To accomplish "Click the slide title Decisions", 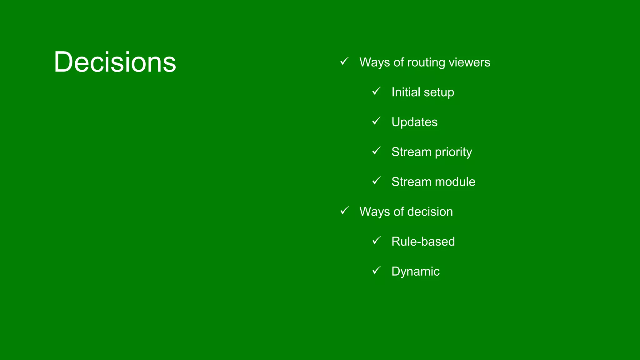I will point(115,62).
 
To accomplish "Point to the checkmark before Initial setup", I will point(376,91).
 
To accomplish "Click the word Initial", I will point(406,92).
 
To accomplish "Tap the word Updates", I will point(414,122).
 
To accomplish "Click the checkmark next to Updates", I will point(376,121).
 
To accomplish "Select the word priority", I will point(453,152).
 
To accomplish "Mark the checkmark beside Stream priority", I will point(376,151).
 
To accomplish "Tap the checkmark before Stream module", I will point(376,180).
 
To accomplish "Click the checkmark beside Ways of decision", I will point(344,210).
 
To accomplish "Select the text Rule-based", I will point(423,242).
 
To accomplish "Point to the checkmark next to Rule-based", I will point(376,240).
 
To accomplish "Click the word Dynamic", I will point(415,272).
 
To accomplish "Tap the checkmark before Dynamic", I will point(376,270).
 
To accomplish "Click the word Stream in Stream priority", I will point(411,152).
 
